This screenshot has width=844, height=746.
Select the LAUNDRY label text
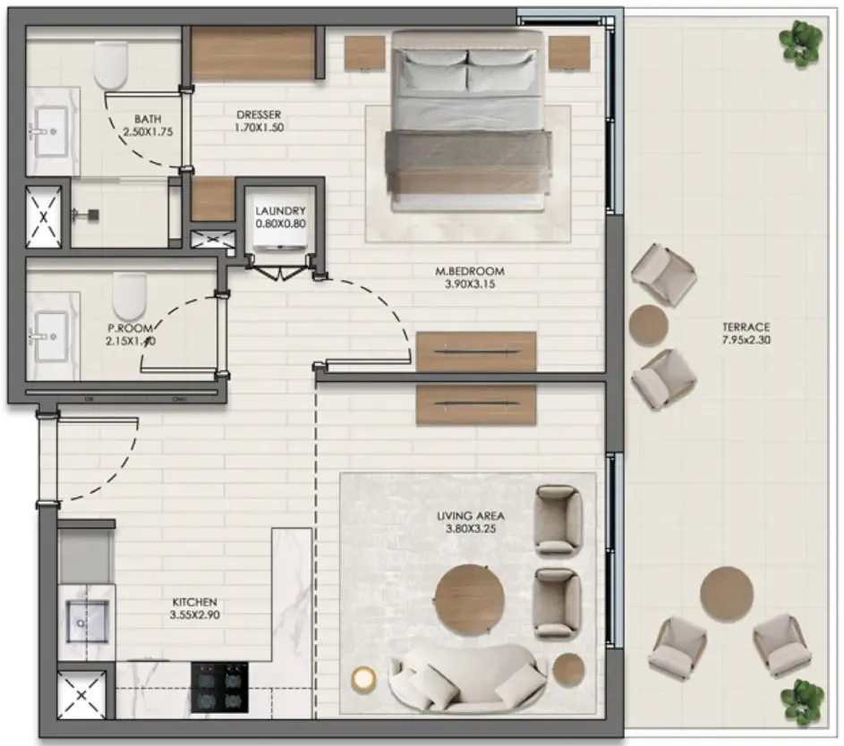(280, 211)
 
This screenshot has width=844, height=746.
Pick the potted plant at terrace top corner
(800, 38)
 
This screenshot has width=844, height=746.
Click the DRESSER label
(260, 114)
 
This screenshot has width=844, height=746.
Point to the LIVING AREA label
(471, 516)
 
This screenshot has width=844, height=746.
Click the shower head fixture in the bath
(88, 214)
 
